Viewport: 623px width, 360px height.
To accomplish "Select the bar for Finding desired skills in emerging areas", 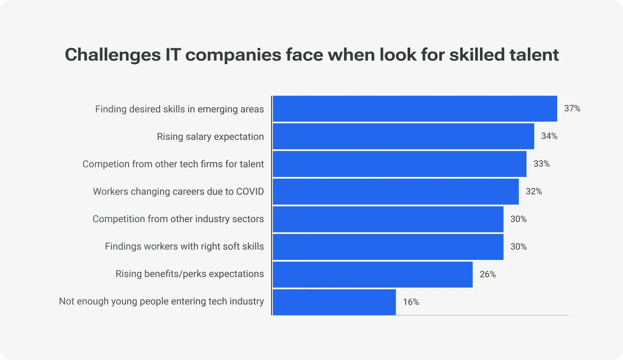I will click(415, 109).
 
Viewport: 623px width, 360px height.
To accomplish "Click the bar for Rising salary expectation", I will click(403, 137).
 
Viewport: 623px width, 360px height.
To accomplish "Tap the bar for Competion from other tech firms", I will click(399, 164).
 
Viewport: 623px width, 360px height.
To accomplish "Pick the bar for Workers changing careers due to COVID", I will click(395, 191).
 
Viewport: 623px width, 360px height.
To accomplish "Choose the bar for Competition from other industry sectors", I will click(388, 219).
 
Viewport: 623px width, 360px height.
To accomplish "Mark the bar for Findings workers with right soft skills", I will click(388, 247).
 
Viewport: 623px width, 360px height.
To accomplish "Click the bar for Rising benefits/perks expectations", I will click(372, 274).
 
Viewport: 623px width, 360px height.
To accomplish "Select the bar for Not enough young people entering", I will click(334, 302).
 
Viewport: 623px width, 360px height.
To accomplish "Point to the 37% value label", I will click(572, 108).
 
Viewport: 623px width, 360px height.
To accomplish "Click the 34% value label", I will click(549, 136).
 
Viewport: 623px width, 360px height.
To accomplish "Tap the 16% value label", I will click(411, 302).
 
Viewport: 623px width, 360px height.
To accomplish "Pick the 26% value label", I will click(487, 274).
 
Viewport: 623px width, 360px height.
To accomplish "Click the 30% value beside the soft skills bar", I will click(518, 247).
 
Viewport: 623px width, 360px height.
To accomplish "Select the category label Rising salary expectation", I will click(211, 137).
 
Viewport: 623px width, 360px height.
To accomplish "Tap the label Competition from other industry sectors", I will click(178, 219).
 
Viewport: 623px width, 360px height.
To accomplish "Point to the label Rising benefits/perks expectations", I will click(190, 274).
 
